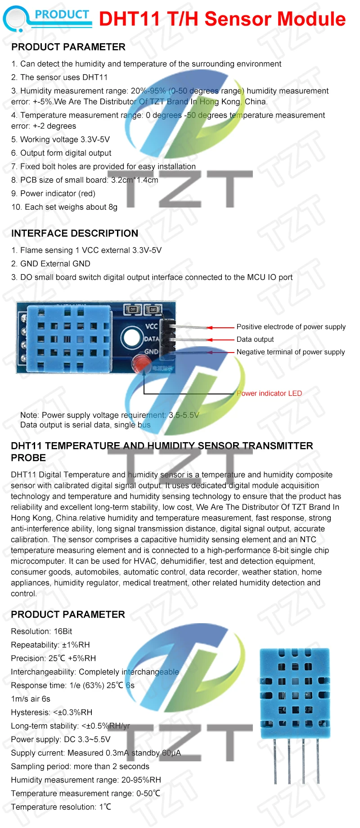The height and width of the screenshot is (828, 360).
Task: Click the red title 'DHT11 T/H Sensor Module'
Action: point(222,19)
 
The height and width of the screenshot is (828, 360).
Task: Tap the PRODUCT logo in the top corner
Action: point(47,18)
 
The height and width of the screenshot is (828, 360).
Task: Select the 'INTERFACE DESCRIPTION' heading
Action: point(75,233)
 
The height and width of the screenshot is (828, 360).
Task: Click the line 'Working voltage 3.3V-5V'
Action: point(60,140)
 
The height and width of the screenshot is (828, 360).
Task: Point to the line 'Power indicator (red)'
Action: point(53,194)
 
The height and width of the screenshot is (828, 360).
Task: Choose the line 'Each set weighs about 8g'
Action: point(64,207)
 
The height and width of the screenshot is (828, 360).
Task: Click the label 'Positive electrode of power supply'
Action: point(291,327)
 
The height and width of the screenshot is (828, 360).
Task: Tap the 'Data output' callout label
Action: point(255,339)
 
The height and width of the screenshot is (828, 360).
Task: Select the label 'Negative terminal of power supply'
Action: point(290,352)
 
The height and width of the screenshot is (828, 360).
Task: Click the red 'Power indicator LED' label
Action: point(269,394)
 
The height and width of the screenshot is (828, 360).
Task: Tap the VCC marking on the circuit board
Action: point(152,326)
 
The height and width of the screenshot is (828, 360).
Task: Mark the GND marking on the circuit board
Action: point(151,352)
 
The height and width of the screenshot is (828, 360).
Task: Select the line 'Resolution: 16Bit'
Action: point(41,632)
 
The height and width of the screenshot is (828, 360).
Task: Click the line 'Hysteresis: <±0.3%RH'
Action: point(51,713)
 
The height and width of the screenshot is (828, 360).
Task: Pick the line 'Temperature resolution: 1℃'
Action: point(61,807)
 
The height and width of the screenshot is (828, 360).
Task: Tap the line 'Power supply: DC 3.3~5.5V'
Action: point(60,740)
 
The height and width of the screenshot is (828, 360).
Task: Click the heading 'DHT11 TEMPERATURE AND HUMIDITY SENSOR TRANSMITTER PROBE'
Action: point(162,452)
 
